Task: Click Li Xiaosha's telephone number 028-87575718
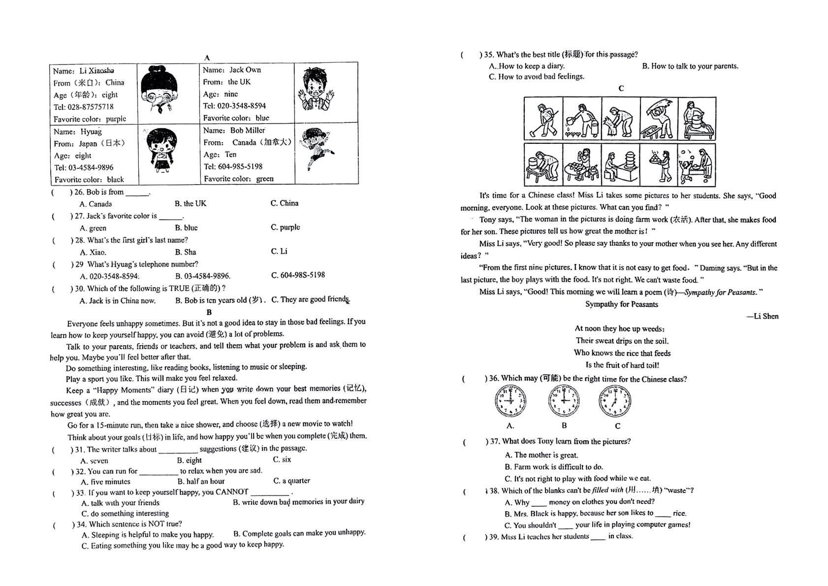91,107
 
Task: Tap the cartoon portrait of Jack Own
316,90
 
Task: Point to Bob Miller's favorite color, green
265,179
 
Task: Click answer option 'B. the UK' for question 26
191,203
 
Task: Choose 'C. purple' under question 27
285,227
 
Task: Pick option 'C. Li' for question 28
279,252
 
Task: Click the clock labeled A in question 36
510,401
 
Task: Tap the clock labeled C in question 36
615,401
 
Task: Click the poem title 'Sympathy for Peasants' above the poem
622,304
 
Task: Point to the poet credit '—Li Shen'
762,316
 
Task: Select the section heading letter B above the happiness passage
209,312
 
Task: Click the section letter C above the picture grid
621,88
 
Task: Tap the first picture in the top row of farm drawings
543,118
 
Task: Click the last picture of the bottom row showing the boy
697,165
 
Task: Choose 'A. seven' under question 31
94,460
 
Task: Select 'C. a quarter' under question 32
291,481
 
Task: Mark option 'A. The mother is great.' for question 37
541,455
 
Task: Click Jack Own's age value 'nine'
231,94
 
